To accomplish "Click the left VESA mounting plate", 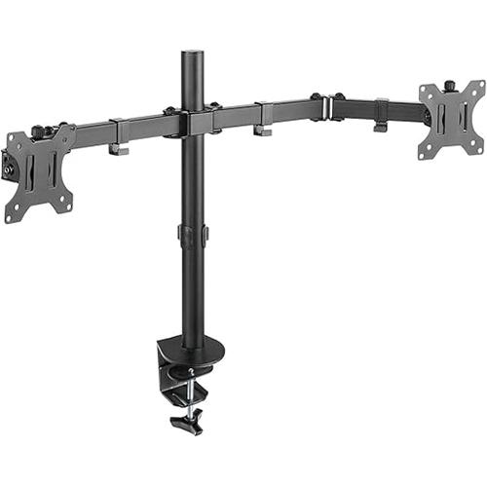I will tap(39, 172).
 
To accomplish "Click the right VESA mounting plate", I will tap(451, 119).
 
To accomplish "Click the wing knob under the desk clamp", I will tap(184, 424).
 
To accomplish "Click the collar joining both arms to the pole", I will tap(191, 122).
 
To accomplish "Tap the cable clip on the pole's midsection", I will tap(191, 235).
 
